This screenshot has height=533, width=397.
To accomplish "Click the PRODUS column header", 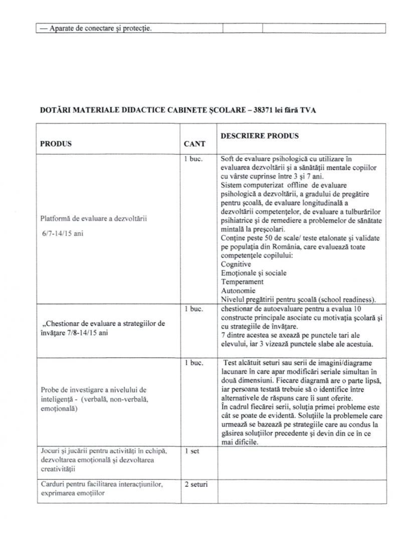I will coord(56,144).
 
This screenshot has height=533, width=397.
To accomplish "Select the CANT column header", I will coord(195,144).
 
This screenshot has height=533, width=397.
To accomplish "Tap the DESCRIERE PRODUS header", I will coord(260,136).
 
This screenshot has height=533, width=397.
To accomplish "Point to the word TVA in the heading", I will coord(308,110).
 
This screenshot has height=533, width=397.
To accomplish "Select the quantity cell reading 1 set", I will coord(192,451).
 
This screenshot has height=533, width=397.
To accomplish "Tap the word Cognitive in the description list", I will coord(236,264).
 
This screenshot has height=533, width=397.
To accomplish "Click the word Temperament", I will coord(242,282).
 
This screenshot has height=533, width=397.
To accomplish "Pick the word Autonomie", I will coord(238,291).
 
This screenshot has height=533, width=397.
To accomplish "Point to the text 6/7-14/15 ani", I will coord(62,234).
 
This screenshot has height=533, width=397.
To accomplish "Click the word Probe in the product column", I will coord(49,390).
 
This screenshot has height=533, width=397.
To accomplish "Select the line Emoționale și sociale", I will coord(253,273).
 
